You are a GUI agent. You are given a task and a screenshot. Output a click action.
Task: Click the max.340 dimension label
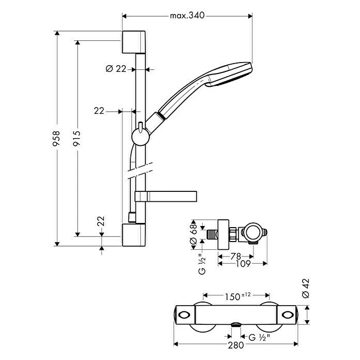[187, 16]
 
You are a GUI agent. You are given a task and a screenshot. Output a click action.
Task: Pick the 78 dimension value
[235, 256]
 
